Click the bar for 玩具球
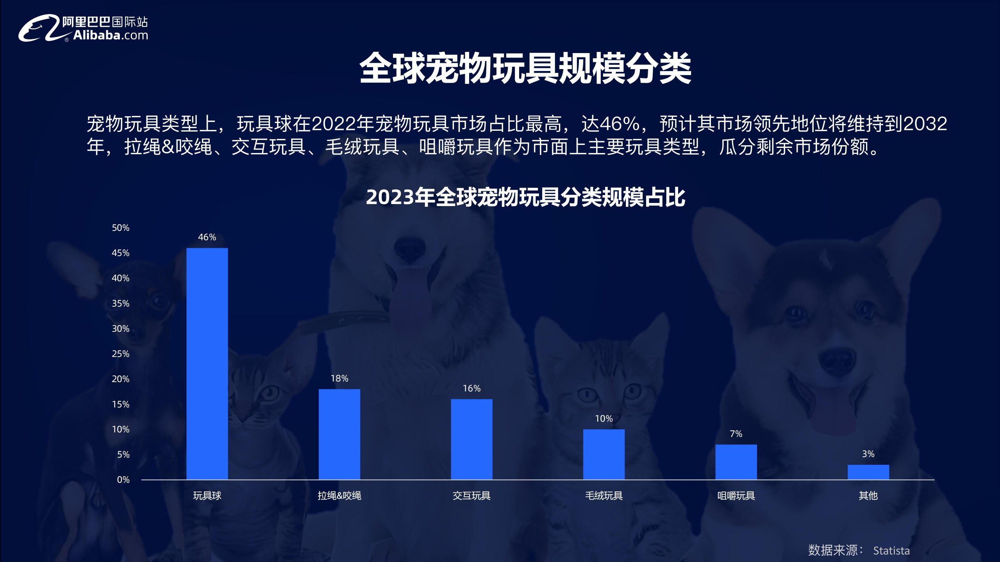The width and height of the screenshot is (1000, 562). click(x=207, y=364)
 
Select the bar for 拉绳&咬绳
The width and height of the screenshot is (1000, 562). click(x=339, y=434)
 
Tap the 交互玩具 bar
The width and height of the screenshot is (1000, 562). click(x=471, y=439)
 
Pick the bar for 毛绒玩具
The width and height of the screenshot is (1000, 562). click(x=604, y=455)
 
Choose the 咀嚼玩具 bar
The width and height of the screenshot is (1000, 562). click(x=736, y=462)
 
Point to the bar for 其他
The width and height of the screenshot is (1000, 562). click(x=868, y=472)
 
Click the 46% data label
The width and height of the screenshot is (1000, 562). click(x=207, y=237)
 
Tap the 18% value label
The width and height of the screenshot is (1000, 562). click(x=339, y=378)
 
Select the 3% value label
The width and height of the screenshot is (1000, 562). click(x=868, y=454)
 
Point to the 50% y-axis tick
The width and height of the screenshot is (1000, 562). click(x=121, y=228)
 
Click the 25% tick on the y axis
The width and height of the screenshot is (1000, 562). click(x=121, y=354)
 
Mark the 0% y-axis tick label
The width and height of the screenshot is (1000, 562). click(x=123, y=480)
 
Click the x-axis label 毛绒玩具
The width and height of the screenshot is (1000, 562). click(x=604, y=496)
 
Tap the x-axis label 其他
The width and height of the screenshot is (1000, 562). click(x=868, y=496)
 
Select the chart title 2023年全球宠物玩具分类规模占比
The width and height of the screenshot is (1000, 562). click(x=525, y=197)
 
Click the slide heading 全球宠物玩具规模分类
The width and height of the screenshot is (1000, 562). click(x=525, y=68)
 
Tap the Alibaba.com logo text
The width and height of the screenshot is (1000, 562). click(x=111, y=36)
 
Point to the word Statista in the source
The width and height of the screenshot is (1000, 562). click(x=891, y=551)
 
